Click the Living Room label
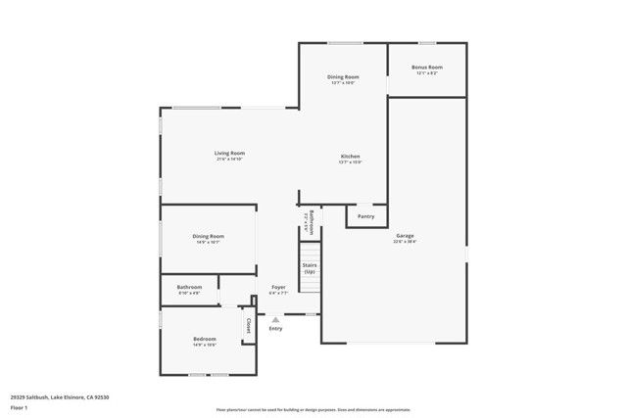pos(230,153)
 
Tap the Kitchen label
pos(351,157)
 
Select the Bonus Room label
pos(427,68)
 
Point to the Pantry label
pos(366,216)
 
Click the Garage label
pos(406,235)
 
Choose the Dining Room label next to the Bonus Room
pos(343,76)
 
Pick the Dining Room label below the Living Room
pos(209,236)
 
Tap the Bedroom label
pos(204,339)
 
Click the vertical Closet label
pos(248,325)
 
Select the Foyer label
pos(279,287)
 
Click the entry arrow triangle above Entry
pos(275,318)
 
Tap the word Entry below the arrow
pos(275,328)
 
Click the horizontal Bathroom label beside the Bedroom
pos(189,287)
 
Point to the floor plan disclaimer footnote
pos(313,409)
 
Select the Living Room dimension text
pos(230,159)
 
